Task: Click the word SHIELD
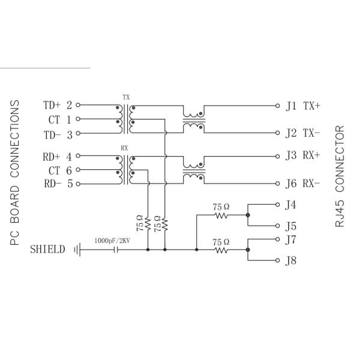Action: (48, 249)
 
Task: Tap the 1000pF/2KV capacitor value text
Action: (112, 241)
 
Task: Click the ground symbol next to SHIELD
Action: (77, 249)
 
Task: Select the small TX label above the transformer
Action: (125, 97)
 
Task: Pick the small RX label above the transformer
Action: (125, 146)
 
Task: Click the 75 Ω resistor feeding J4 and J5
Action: (221, 214)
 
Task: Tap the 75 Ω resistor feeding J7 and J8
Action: (221, 249)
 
